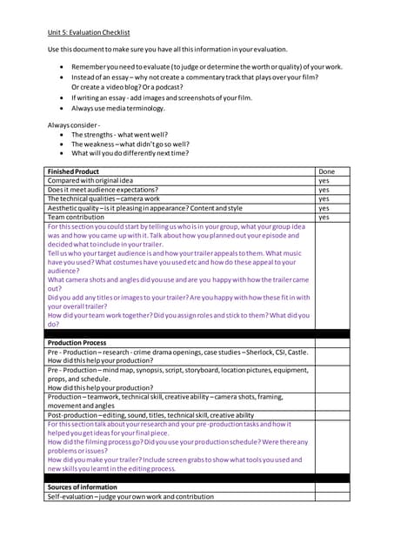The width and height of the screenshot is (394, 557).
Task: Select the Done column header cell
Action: tap(327, 171)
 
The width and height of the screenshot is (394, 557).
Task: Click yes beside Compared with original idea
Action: tap(324, 181)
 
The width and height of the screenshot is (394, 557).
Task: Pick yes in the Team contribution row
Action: tap(324, 218)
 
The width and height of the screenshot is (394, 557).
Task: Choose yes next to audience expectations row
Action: tap(324, 190)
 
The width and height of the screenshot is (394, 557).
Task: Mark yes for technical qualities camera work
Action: tap(324, 199)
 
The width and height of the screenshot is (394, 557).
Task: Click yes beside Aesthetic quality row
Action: tap(324, 208)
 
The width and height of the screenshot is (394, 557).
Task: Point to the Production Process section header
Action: tap(77, 343)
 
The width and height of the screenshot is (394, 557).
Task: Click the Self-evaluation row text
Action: tap(130, 497)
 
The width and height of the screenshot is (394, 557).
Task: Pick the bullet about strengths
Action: tap(120, 135)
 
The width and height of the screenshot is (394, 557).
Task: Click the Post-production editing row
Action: tap(150, 415)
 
